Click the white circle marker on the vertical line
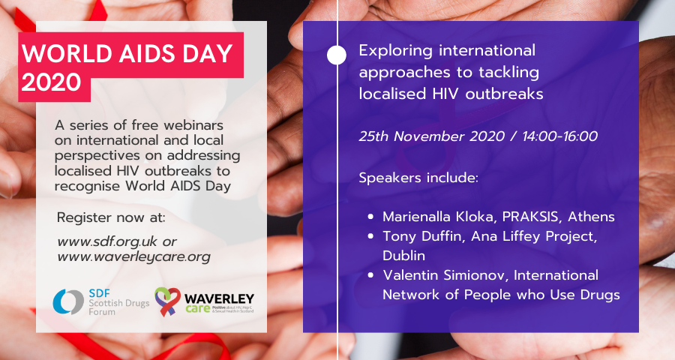point(337,55)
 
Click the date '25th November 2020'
point(424,137)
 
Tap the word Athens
point(590,217)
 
